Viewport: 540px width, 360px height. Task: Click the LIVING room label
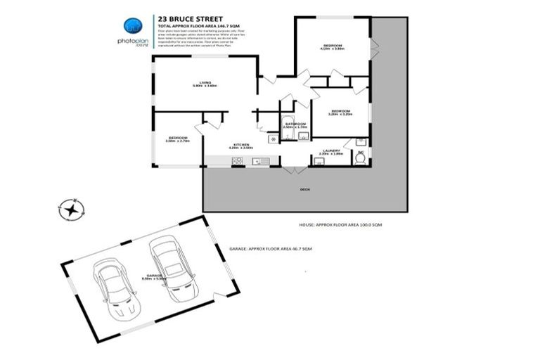[205, 84]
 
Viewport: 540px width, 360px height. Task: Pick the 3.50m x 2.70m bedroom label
[177, 139]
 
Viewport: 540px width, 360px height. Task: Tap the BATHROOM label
[295, 125]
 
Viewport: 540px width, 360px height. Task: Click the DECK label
[304, 190]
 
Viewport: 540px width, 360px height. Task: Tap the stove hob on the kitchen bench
[238, 162]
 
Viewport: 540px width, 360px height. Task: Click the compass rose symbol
[71, 209]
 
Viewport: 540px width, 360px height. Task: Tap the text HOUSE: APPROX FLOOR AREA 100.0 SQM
[340, 224]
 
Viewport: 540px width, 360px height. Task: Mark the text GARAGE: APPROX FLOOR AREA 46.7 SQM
[271, 249]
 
